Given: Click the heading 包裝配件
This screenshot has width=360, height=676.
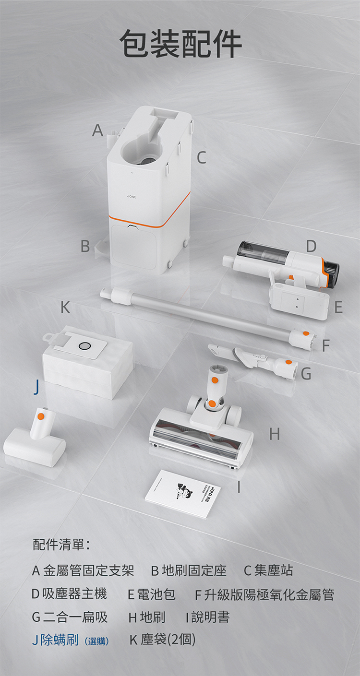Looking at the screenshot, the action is pyautogui.click(x=180, y=44).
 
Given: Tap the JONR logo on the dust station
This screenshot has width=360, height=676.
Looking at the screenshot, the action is pyautogui.click(x=132, y=197).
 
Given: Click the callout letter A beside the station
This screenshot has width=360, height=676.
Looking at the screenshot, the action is pyautogui.click(x=97, y=130).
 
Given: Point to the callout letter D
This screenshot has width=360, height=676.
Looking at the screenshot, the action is pyautogui.click(x=311, y=246).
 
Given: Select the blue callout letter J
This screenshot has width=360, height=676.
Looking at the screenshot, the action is pyautogui.click(x=36, y=387).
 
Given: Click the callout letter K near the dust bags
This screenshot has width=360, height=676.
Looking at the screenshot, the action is pyautogui.click(x=66, y=307).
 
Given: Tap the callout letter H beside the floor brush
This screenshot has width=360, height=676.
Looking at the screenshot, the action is pyautogui.click(x=275, y=434).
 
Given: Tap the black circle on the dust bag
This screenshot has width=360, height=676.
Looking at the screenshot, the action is pyautogui.click(x=84, y=346).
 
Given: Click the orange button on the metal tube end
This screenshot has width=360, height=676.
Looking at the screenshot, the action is pyautogui.click(x=306, y=333).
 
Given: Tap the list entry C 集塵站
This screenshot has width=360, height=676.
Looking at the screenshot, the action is pyautogui.click(x=268, y=570).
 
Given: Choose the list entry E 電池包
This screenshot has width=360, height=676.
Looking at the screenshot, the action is pyautogui.click(x=152, y=594).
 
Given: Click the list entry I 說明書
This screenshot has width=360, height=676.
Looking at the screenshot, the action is pyautogui.click(x=207, y=617).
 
